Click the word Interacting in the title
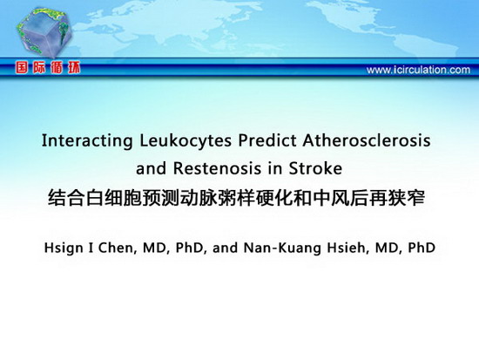87,141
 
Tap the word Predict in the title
267,140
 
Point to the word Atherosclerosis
367,140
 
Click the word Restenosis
217,168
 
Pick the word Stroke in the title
315,168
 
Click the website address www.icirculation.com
418,70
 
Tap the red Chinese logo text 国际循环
48,68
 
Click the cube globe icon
44,33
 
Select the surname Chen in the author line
117,248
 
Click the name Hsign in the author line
64,248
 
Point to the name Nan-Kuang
282,248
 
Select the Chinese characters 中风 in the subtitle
331,199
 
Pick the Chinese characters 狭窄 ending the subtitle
407,199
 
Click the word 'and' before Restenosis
152,168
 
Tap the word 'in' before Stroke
275,168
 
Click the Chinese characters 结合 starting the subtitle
66,199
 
